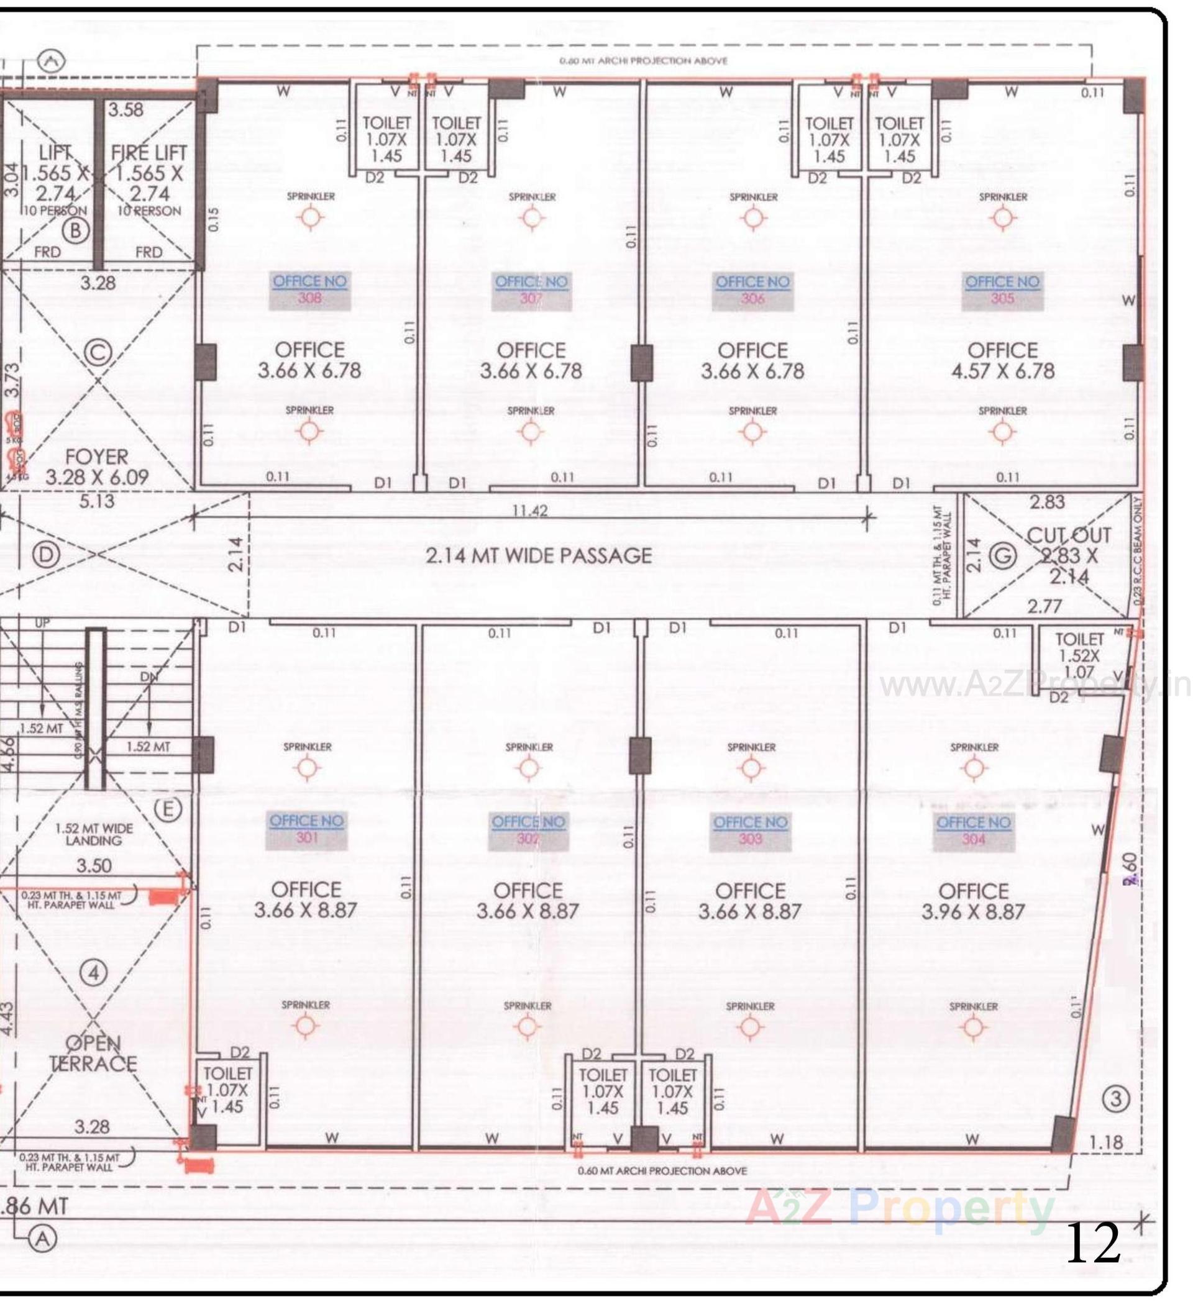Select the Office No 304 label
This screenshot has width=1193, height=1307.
(x=973, y=831)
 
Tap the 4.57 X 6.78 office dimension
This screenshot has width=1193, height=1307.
(x=1002, y=371)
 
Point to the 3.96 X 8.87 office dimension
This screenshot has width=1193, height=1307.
(x=973, y=911)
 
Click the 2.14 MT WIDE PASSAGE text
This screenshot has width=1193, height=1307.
(x=539, y=555)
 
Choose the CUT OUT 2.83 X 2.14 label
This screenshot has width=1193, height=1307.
(x=1069, y=555)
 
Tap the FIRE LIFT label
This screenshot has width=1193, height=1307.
(x=149, y=153)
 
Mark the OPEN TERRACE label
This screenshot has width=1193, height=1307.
(x=93, y=1054)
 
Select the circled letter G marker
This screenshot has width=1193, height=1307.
(x=1002, y=556)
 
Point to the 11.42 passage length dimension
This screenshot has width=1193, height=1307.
(x=530, y=511)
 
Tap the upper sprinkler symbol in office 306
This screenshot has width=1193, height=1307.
(x=752, y=219)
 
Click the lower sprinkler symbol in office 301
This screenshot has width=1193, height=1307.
(x=305, y=1026)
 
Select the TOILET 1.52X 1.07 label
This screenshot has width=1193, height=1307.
(x=1079, y=655)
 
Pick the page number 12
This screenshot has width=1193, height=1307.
(x=1093, y=1243)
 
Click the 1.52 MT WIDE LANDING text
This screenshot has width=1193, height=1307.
(x=93, y=834)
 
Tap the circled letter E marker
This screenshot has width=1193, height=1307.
(x=168, y=809)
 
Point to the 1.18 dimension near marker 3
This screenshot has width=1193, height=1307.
(x=1105, y=1142)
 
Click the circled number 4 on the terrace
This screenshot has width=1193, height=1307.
(x=94, y=973)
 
